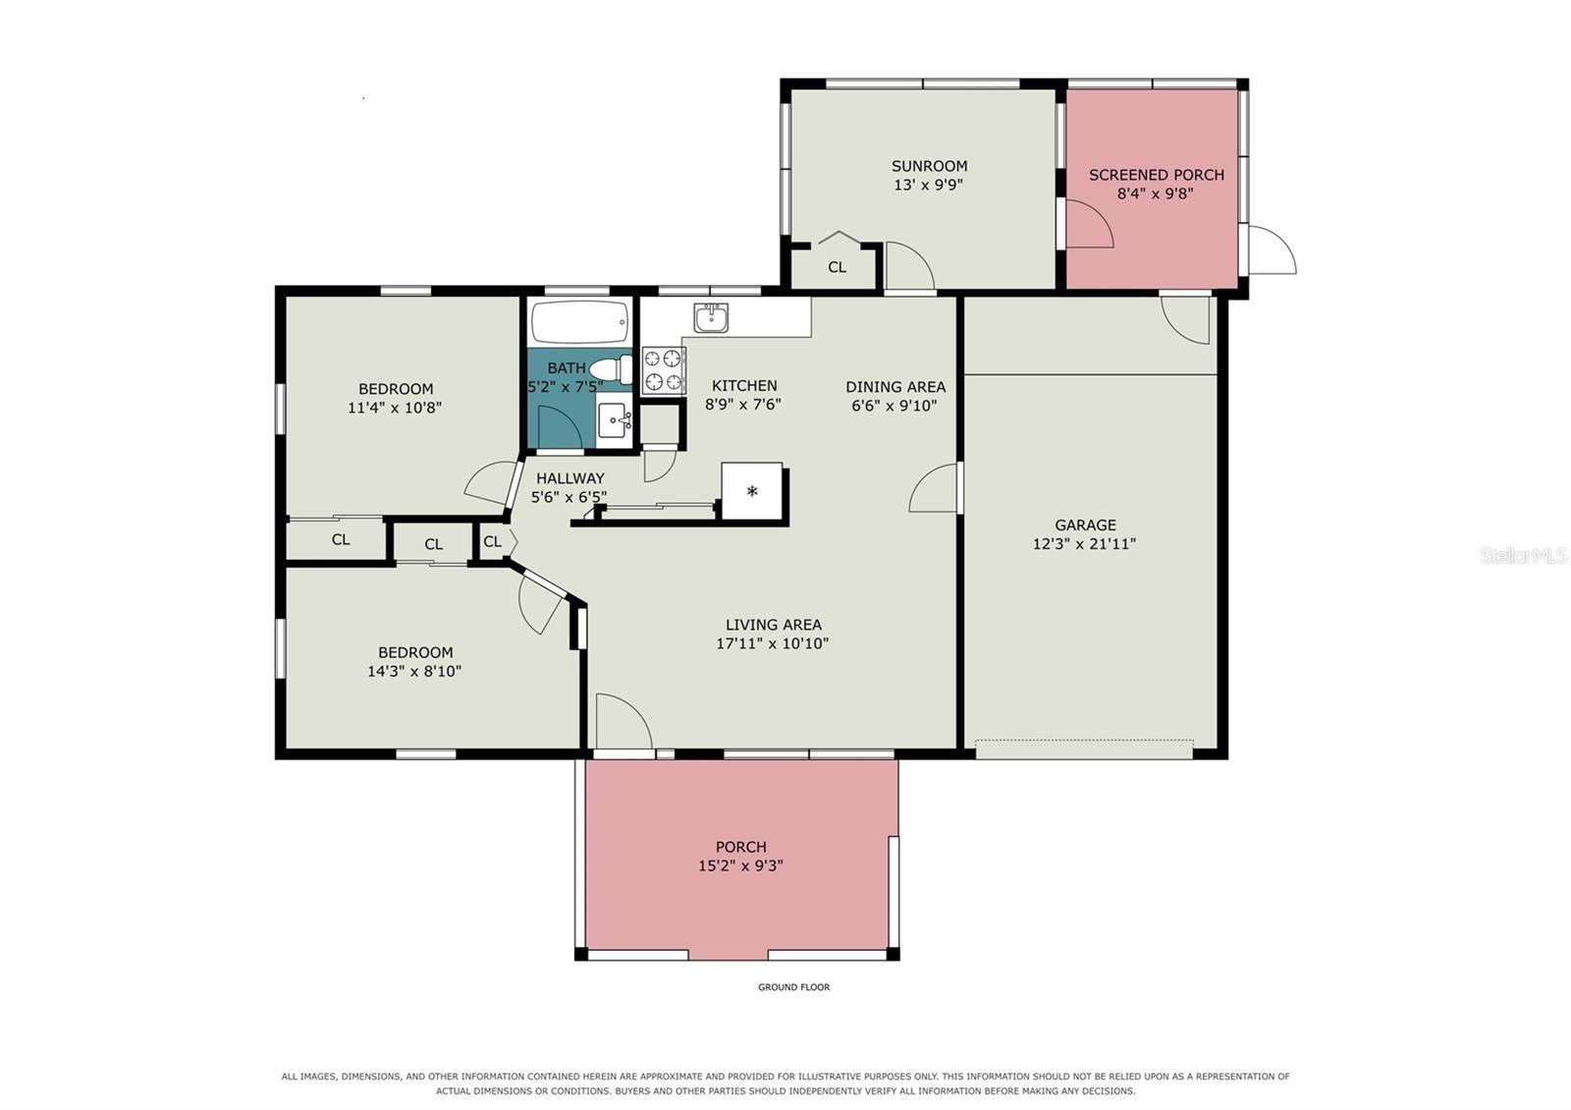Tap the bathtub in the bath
tap(579, 322)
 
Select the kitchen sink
tap(711, 318)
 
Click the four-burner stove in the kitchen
tap(663, 369)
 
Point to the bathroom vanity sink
tap(615, 420)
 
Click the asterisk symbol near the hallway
tap(752, 491)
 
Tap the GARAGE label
tap(1085, 525)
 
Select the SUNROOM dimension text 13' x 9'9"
tap(928, 186)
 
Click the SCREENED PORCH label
tap(1156, 175)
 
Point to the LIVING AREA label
tap(773, 625)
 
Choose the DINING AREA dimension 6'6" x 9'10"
tap(894, 406)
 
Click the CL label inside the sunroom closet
tap(837, 267)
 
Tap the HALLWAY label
tap(570, 478)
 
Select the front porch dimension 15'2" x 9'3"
tap(740, 865)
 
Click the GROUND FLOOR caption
tap(793, 987)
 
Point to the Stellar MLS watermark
tap(1523, 556)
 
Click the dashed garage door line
tap(1084, 740)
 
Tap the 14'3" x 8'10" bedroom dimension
tap(413, 672)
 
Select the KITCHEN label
tap(744, 386)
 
